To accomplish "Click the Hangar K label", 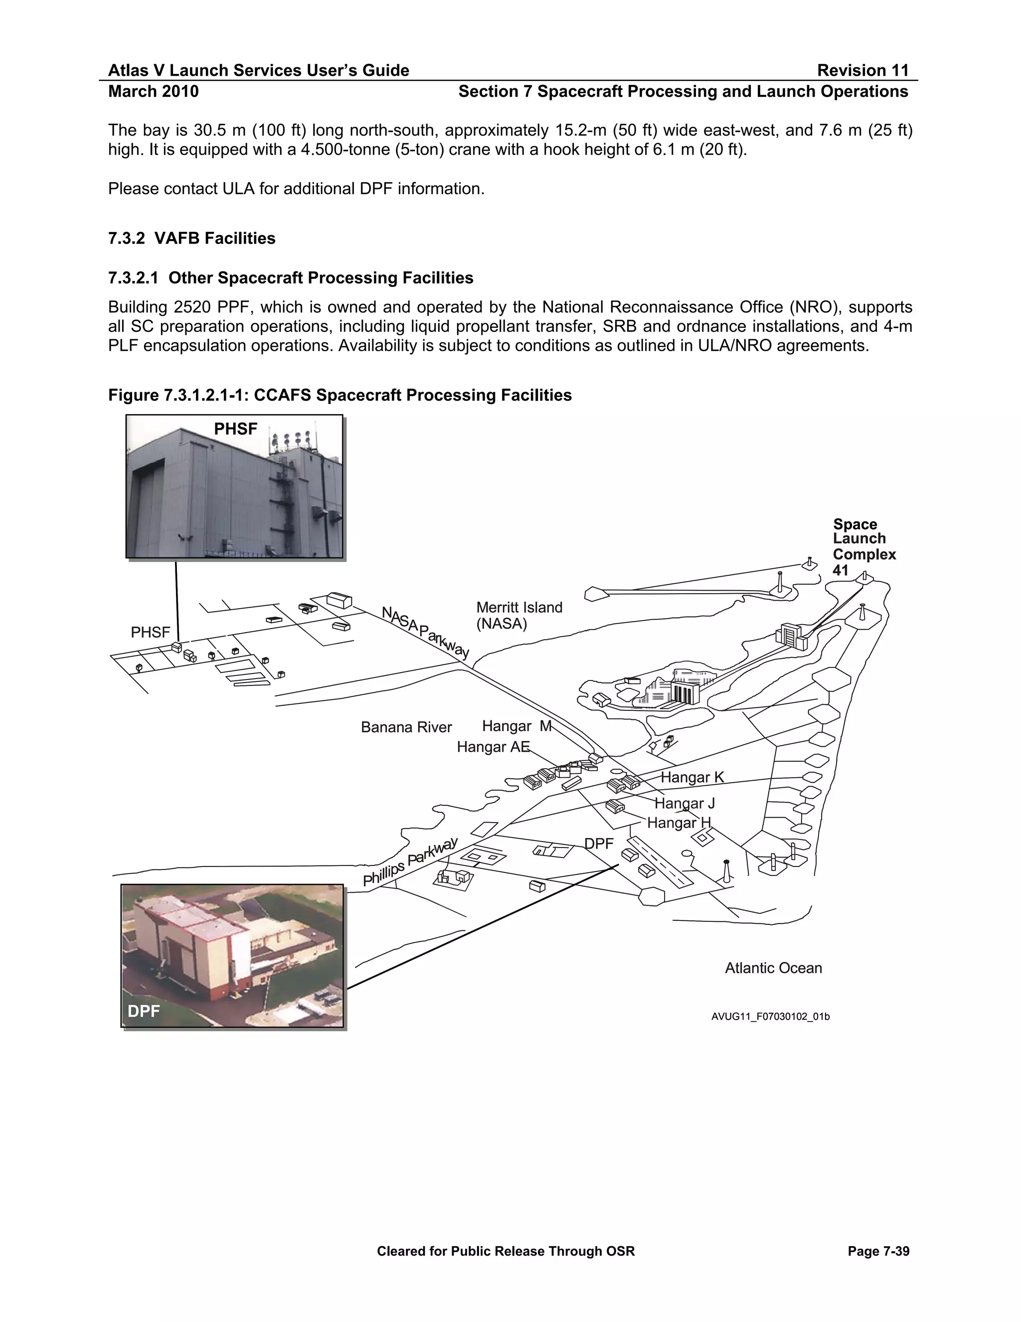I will [692, 777].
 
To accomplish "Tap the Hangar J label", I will [684, 803].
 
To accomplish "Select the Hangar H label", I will [679, 823].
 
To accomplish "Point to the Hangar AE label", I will [493, 747].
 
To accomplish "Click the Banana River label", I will [406, 727].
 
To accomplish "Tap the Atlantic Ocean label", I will [773, 968].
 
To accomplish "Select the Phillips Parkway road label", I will [410, 862].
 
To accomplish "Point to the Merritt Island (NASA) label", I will [519, 615].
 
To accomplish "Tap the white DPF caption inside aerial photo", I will [144, 1011].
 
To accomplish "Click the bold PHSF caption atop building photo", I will [235, 429].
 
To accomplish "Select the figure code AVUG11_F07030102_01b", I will [770, 1016].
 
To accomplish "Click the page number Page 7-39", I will [878, 1251].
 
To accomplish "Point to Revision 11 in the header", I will [862, 70].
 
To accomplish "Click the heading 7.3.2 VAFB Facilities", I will [192, 238].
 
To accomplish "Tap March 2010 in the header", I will [153, 91].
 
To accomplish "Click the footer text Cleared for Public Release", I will [506, 1251].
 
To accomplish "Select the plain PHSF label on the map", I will [150, 633].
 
